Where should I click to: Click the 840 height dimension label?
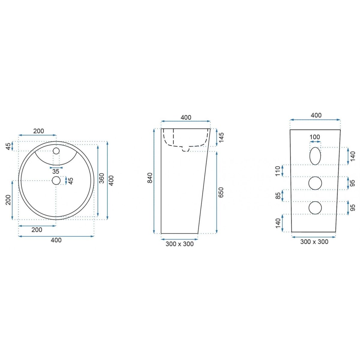pos(150,178)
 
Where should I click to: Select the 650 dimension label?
pos(221,192)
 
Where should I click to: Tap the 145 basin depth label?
pos(221,137)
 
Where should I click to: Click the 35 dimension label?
pos(56,171)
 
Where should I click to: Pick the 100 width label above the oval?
pos(315,137)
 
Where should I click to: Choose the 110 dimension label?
pos(278,171)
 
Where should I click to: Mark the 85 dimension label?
pos(278,196)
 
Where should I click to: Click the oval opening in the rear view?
pos(315,156)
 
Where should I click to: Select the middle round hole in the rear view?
pos(315,183)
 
